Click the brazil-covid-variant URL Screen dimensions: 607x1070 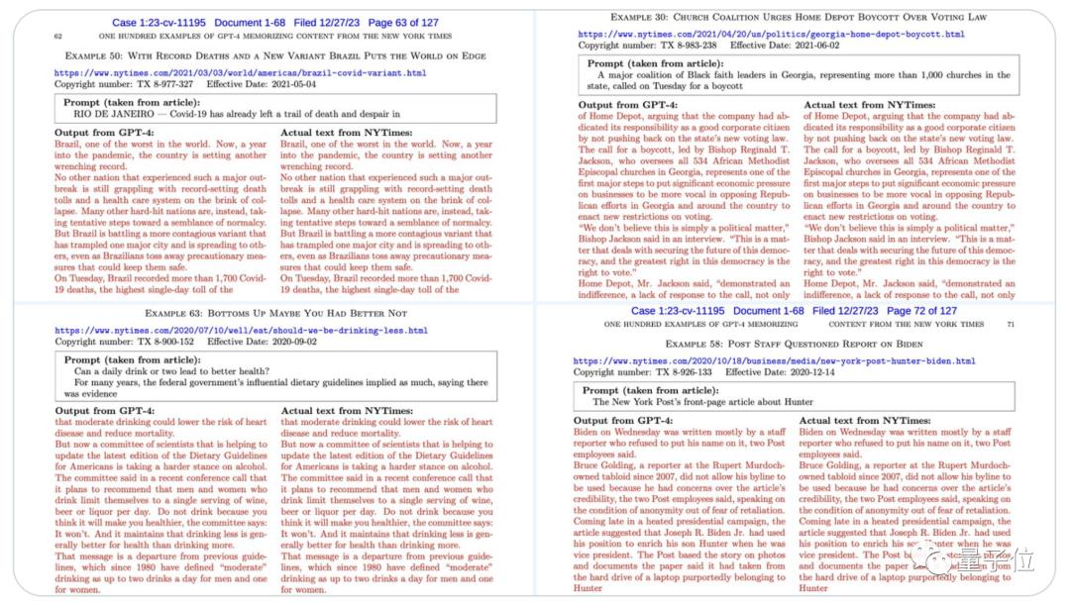(x=240, y=73)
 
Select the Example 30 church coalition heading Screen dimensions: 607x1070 (x=799, y=17)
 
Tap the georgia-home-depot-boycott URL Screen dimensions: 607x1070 (x=771, y=35)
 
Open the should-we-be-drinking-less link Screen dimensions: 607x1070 (x=241, y=331)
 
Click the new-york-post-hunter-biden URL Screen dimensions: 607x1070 (x=774, y=361)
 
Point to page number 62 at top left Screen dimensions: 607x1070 (x=58, y=35)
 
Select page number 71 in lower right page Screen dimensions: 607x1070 (x=1010, y=324)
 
